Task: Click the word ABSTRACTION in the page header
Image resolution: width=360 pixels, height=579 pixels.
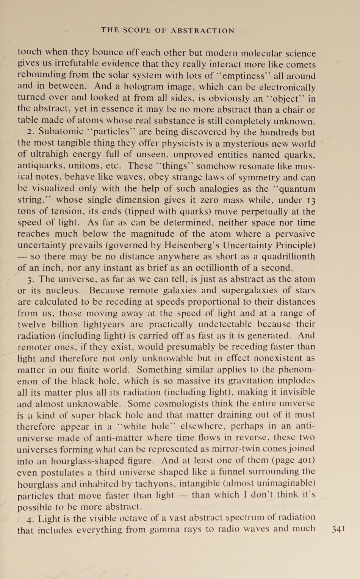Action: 203,31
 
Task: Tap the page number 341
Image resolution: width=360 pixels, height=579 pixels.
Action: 338,529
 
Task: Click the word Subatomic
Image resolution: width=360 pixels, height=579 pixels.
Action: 61,132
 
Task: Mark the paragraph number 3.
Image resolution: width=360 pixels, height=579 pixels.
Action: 30,280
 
